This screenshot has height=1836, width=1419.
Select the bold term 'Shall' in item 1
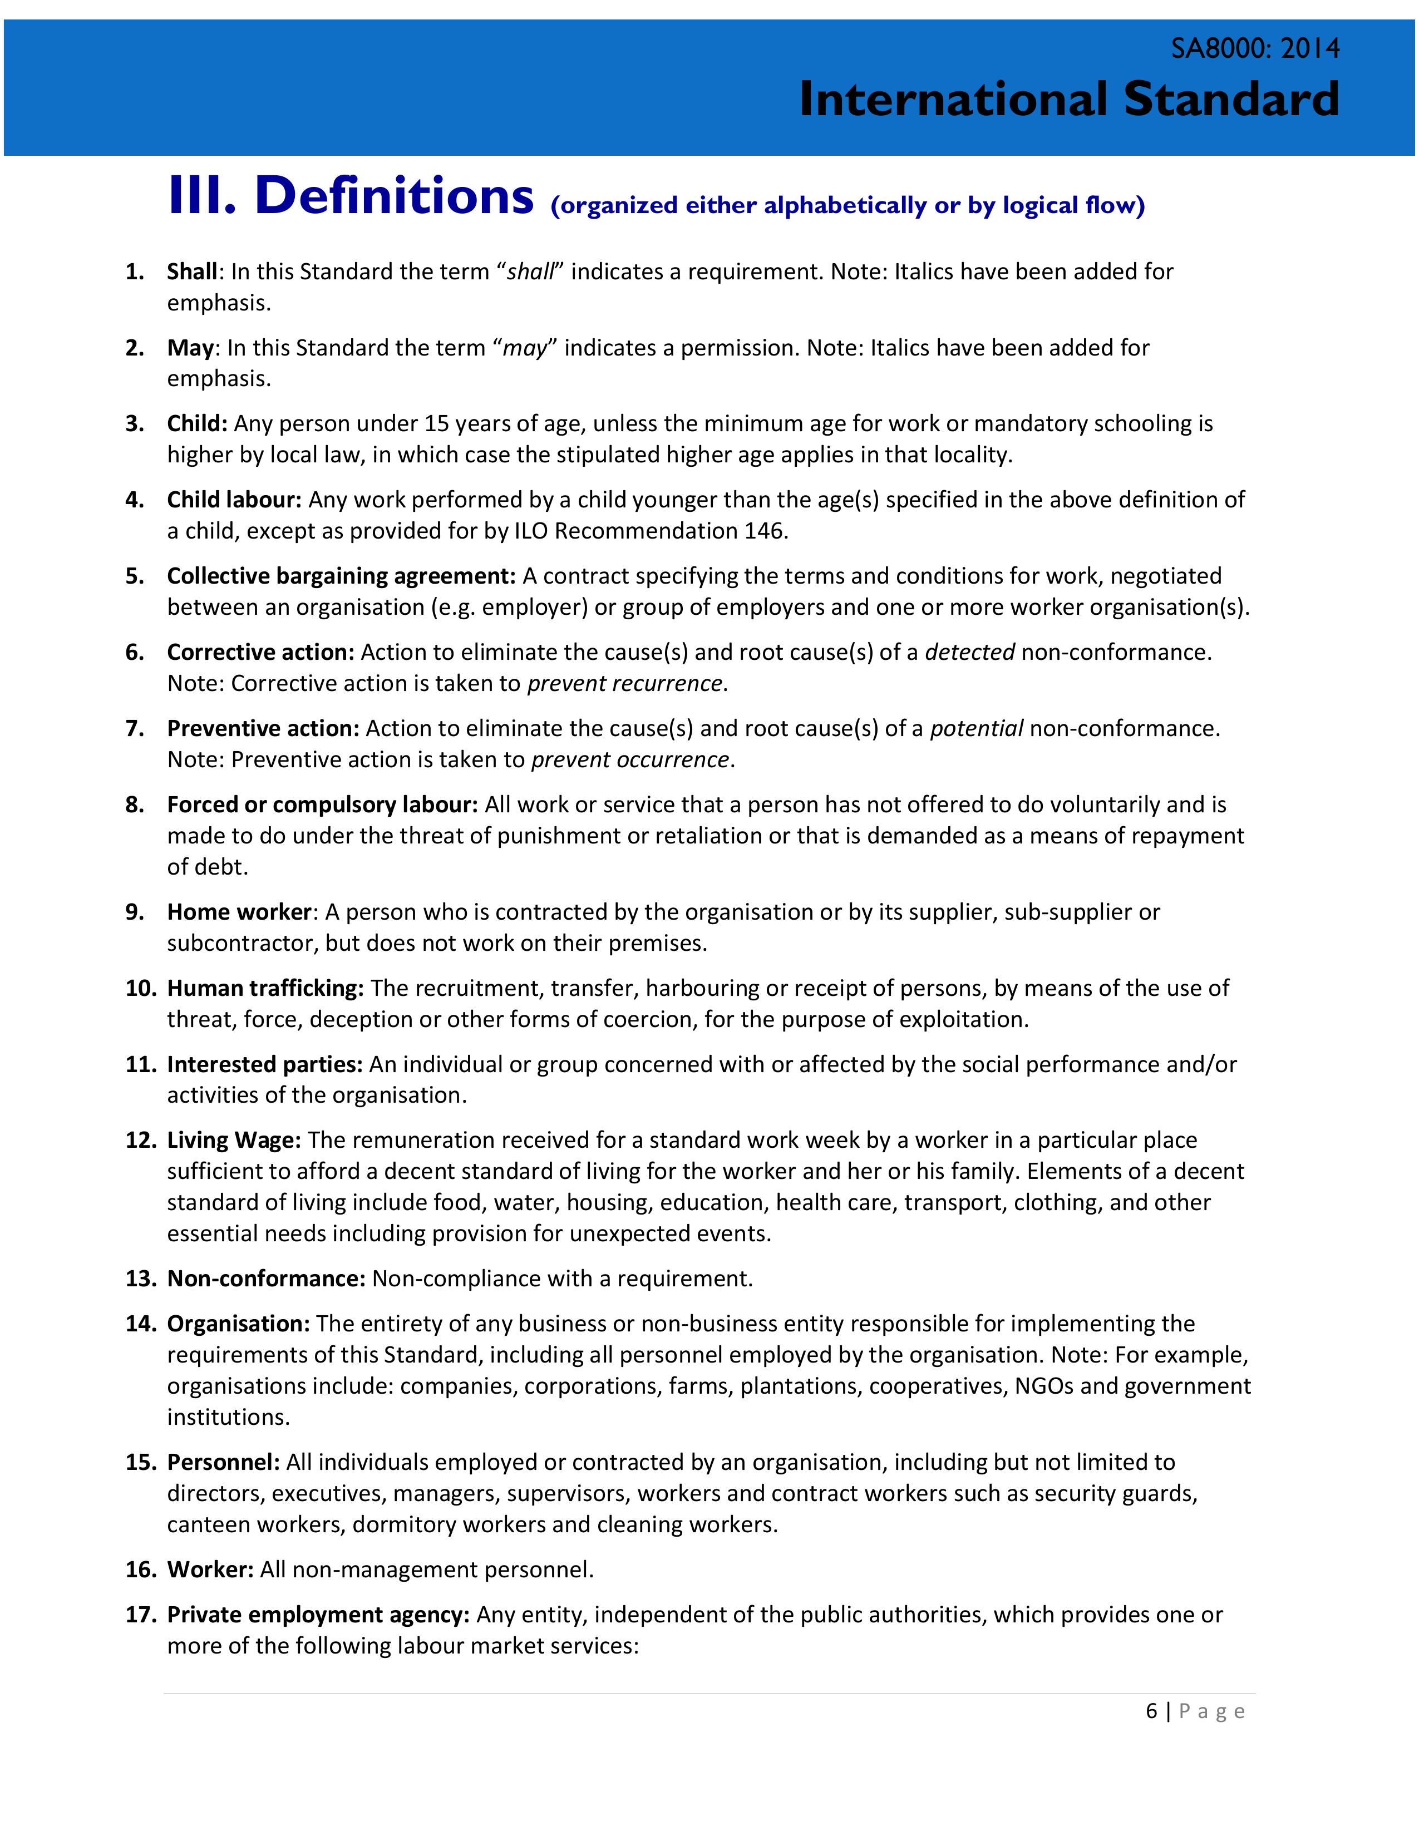click(x=193, y=272)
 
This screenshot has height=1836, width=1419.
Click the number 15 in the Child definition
click(x=437, y=424)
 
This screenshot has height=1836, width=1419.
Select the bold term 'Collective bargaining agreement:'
click(x=341, y=576)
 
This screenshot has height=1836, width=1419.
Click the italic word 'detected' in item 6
click(x=969, y=653)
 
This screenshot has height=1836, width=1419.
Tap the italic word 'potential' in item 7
click(x=976, y=728)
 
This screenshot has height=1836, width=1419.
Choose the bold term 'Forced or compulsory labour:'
click(x=322, y=805)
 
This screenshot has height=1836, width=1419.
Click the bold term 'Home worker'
click(x=240, y=912)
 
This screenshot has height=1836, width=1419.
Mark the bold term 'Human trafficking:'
click(x=265, y=988)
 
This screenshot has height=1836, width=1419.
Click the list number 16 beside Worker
click(x=140, y=1570)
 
